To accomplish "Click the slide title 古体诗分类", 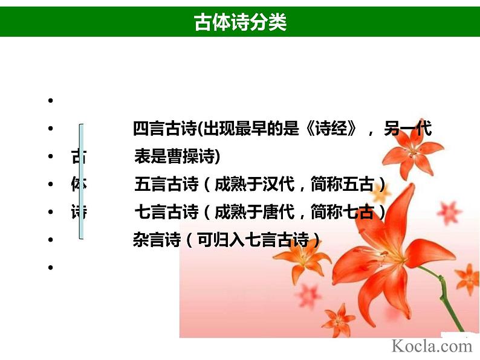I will (240, 22).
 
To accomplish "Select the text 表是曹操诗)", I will (177, 158).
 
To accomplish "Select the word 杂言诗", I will (157, 240).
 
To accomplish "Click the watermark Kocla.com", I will (431, 346).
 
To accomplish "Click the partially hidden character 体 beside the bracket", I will (77, 185).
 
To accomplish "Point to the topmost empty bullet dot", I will (50, 101).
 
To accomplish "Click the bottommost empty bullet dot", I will (50, 267).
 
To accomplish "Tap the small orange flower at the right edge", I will (467, 278).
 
